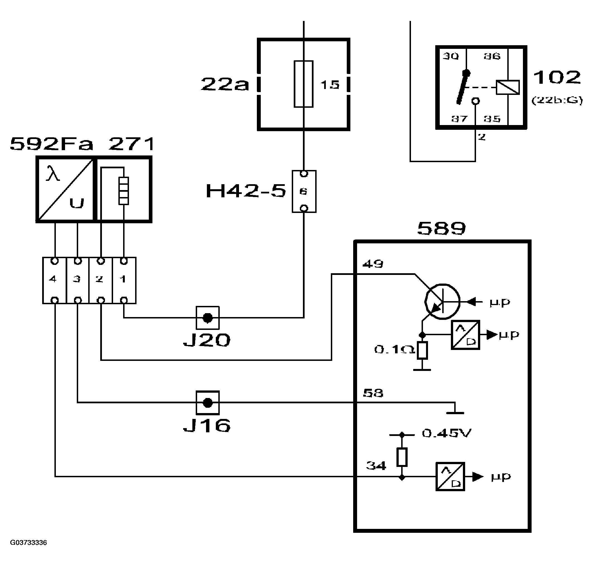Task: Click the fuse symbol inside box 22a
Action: [x=303, y=84]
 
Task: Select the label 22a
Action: [x=224, y=84]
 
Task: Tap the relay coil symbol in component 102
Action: [x=508, y=87]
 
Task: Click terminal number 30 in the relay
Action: [x=450, y=56]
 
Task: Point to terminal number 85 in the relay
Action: [x=492, y=119]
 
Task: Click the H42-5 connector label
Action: [x=245, y=191]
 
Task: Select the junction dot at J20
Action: [x=207, y=318]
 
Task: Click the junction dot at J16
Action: [x=207, y=403]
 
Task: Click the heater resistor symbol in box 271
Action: [x=123, y=191]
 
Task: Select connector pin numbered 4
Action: [x=53, y=279]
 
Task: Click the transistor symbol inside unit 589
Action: [x=442, y=301]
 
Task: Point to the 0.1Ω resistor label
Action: [x=394, y=349]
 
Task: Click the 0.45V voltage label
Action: [x=446, y=433]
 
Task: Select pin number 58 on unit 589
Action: [x=373, y=393]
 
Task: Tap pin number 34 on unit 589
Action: [x=376, y=466]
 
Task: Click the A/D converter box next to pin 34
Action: [x=450, y=476]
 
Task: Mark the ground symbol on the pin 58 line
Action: [x=455, y=412]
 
